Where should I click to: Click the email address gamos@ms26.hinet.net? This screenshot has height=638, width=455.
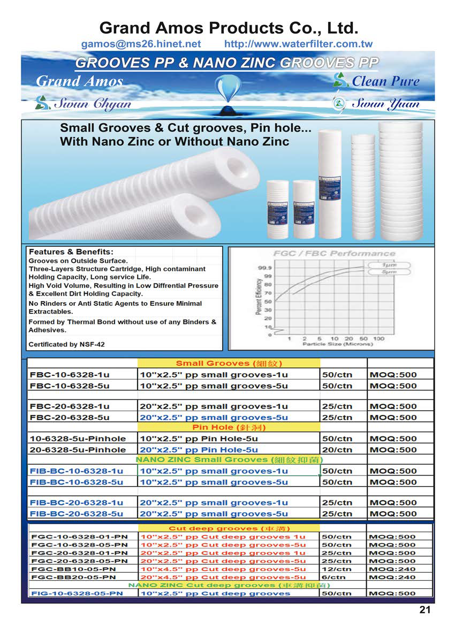point(141,44)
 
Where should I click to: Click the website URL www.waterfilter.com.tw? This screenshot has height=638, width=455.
point(298,44)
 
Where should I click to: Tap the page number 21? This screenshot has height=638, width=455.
point(424,610)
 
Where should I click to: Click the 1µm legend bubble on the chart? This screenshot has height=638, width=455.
point(389,265)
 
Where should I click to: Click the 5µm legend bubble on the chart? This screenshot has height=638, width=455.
point(389,272)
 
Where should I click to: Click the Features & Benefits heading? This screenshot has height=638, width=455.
point(71,252)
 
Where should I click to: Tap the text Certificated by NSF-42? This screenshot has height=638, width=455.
point(67,344)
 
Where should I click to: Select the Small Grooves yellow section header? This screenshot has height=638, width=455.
point(229,364)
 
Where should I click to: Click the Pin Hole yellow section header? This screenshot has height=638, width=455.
point(229,428)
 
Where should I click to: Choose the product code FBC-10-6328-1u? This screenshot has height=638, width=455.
point(70,375)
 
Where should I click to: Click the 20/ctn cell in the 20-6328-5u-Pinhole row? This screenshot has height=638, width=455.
point(337,450)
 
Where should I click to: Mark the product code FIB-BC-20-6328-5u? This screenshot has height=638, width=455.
point(77,514)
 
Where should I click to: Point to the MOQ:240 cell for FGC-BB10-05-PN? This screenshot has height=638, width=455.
point(392,569)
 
